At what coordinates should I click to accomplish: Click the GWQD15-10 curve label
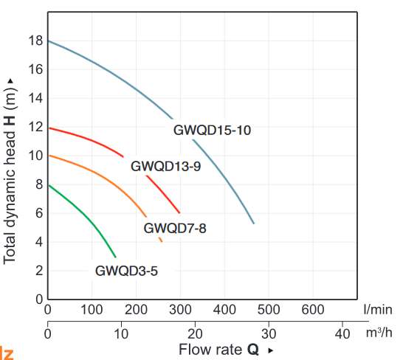tap(213, 131)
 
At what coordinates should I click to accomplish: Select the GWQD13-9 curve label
tap(165, 167)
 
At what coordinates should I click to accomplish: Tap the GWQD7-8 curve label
tap(175, 228)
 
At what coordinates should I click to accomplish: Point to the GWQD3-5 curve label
tap(126, 271)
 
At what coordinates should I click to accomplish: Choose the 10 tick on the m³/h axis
tap(121, 333)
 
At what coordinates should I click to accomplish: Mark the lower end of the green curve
tap(116, 257)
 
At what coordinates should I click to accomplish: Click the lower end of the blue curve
tap(254, 223)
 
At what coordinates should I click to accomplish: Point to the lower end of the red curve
tap(179, 212)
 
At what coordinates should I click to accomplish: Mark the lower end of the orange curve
tap(162, 241)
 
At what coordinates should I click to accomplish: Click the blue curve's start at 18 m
tap(49, 41)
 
